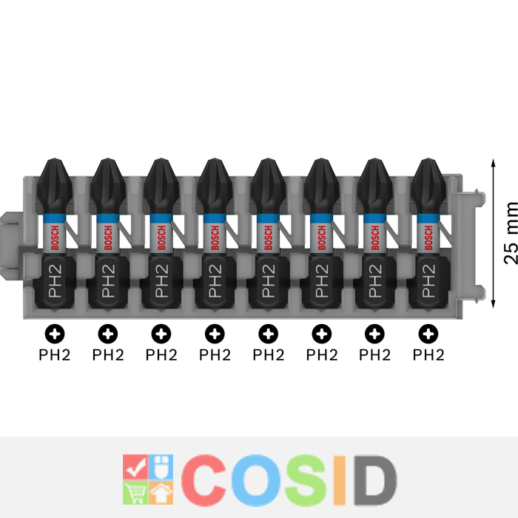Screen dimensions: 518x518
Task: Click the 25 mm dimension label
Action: (x=510, y=232)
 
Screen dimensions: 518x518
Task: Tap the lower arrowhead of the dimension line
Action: (x=492, y=303)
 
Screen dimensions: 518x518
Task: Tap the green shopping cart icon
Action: (x=135, y=491)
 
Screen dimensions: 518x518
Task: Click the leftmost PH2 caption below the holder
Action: (x=55, y=354)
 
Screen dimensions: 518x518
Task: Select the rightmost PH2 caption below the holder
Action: (x=428, y=354)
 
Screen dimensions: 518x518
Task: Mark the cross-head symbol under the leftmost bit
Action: (x=55, y=334)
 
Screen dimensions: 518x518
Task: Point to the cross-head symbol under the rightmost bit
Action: (x=428, y=334)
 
